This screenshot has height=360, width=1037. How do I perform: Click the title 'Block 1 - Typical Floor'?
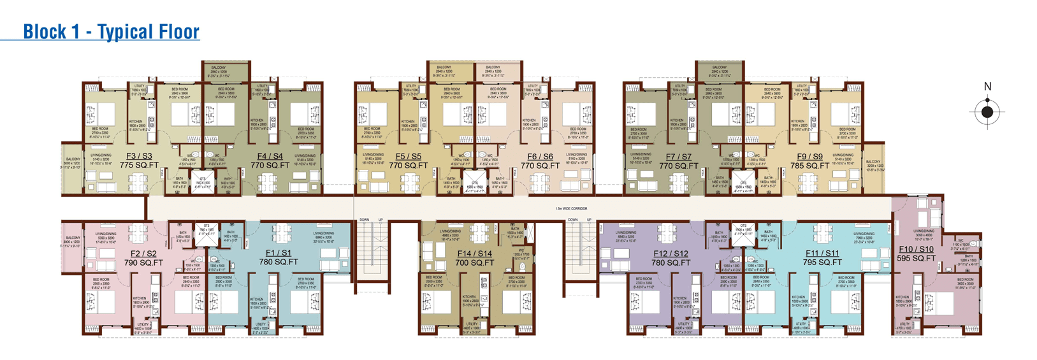(111, 31)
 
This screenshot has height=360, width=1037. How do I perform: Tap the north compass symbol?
(987, 113)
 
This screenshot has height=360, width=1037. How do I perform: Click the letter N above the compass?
(987, 87)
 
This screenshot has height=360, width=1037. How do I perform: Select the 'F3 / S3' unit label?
(139, 156)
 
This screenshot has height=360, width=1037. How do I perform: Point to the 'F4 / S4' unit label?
(270, 156)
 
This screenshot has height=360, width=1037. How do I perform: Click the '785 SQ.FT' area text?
(809, 166)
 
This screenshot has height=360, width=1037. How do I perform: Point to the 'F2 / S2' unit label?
(143, 254)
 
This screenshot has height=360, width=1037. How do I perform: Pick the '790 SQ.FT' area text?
(143, 263)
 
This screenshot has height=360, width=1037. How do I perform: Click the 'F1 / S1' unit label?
(278, 253)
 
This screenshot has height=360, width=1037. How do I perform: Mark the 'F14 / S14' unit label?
(474, 254)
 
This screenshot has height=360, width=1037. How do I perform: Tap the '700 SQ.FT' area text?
(474, 263)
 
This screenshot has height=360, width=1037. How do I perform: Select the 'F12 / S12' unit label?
(671, 254)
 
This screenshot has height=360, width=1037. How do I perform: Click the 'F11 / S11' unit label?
(822, 254)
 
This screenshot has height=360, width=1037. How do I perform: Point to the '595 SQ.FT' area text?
(916, 259)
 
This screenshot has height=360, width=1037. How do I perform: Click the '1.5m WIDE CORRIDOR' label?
(571, 208)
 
